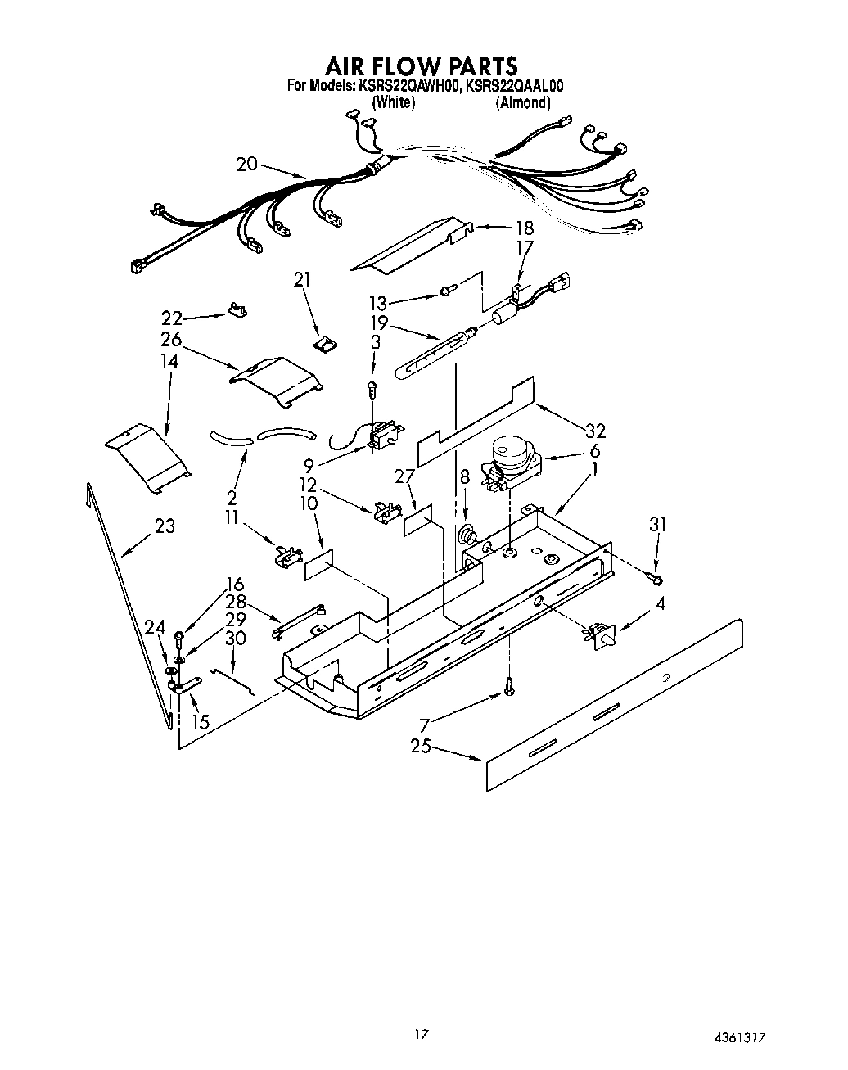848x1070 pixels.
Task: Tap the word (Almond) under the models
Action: [523, 103]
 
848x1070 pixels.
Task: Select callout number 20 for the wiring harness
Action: [246, 164]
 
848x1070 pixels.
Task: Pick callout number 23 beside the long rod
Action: [165, 526]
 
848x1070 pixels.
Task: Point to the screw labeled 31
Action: [656, 579]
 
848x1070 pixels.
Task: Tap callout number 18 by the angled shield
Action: [523, 228]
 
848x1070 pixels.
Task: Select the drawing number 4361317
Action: [743, 1036]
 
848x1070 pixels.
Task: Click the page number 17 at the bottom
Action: [421, 1035]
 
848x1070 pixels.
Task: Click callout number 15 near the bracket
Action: [200, 722]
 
